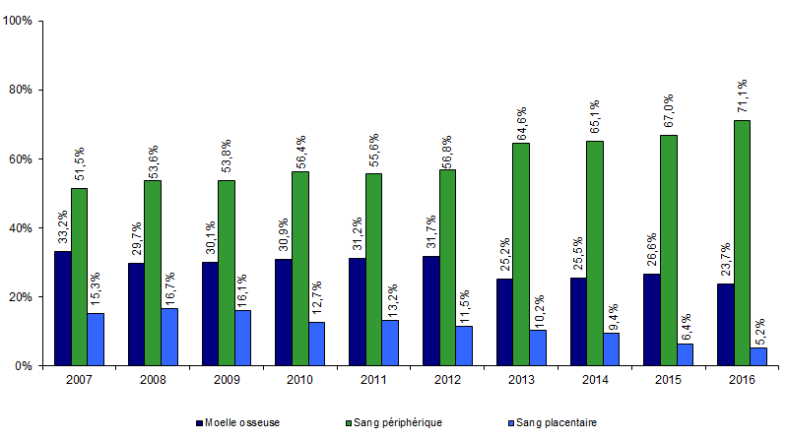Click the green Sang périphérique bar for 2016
tap(742, 243)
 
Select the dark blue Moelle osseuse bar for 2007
tap(61, 308)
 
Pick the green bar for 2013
tap(520, 254)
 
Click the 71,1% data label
tap(743, 97)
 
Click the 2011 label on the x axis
tap(373, 380)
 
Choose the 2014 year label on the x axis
tap(594, 380)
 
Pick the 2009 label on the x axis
tap(226, 380)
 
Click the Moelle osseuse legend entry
tap(240, 422)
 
